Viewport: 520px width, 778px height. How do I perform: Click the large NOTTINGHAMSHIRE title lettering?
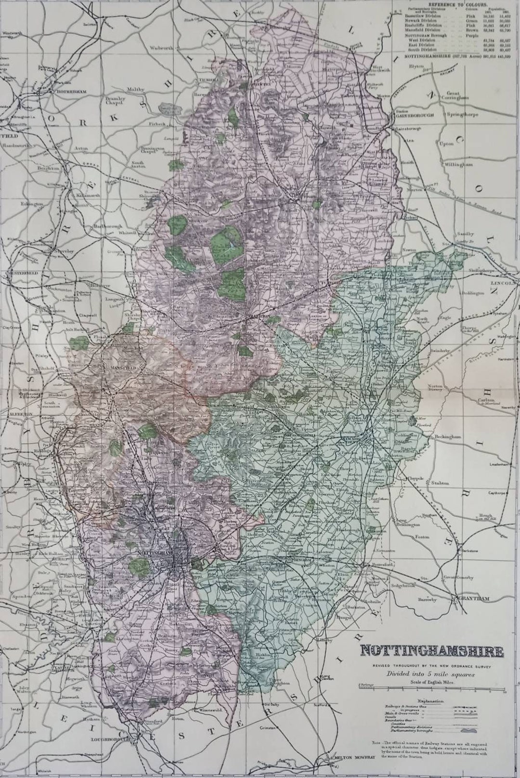click(x=432, y=651)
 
